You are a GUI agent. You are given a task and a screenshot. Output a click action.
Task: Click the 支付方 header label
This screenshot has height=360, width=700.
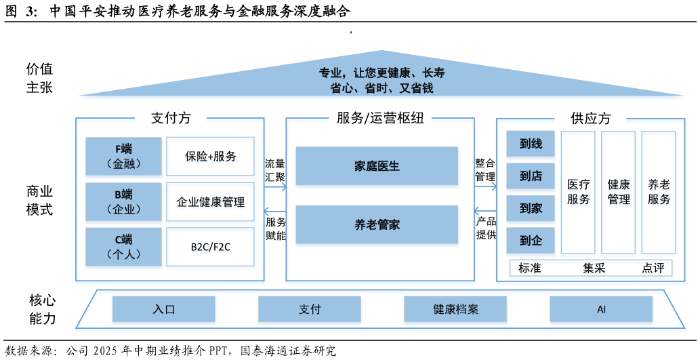[x=171, y=118]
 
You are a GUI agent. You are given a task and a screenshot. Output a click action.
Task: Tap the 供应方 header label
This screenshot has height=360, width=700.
[x=590, y=118]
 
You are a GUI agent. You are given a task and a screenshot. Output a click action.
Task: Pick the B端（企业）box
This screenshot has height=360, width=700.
[x=123, y=202]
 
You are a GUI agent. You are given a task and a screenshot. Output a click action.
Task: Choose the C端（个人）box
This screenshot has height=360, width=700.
[x=123, y=247]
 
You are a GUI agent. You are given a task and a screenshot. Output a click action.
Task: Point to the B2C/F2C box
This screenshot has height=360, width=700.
[x=211, y=247]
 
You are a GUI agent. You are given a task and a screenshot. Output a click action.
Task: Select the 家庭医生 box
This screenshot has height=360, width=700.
[x=377, y=166]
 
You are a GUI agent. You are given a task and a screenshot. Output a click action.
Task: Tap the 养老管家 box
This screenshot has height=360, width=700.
[x=377, y=224]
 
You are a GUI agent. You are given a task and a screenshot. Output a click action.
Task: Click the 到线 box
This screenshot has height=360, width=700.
[x=531, y=144]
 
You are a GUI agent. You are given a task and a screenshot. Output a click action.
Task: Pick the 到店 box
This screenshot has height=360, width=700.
[x=531, y=176]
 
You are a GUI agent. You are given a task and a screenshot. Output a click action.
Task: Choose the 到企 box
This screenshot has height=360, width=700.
[x=531, y=241]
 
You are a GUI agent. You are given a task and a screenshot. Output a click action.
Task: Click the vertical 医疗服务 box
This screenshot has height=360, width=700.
[x=578, y=193]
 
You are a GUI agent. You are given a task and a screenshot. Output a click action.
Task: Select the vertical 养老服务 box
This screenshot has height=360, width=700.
[x=659, y=193]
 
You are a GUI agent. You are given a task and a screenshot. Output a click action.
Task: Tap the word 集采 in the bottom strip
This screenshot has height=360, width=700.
[x=594, y=268]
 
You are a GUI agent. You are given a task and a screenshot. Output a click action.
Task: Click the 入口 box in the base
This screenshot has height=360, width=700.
[x=164, y=310]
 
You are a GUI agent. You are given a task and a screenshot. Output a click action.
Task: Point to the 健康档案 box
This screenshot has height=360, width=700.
[x=455, y=310]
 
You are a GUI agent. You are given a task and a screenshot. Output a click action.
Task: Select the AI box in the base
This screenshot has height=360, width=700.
[x=601, y=310]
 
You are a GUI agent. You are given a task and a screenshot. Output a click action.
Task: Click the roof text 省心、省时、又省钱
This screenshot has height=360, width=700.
[x=382, y=88]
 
